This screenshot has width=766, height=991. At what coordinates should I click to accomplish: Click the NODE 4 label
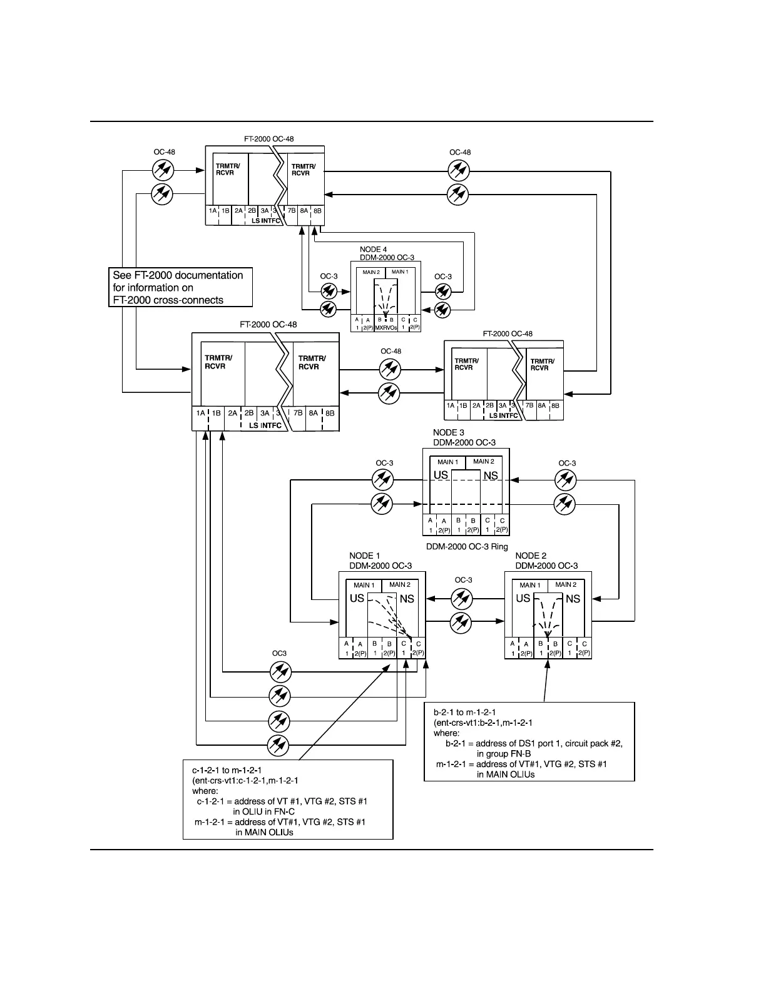373,250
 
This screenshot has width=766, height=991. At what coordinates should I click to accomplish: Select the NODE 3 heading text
449,432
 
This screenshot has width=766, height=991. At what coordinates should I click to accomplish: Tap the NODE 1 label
364,556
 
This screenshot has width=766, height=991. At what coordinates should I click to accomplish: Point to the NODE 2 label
531,556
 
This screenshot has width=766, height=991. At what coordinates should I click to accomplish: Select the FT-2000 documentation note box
180,288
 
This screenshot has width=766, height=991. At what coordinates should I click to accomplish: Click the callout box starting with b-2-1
529,741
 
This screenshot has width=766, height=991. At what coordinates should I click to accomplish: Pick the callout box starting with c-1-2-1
289,799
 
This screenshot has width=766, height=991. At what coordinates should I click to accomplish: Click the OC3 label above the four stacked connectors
279,653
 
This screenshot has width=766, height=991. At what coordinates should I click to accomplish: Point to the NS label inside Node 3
491,475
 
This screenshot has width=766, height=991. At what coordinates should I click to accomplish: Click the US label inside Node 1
357,598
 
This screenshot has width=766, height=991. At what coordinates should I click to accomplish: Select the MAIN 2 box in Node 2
566,585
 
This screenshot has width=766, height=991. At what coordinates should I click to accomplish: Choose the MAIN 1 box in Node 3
447,462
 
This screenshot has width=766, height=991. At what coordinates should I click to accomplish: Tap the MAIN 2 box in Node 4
371,272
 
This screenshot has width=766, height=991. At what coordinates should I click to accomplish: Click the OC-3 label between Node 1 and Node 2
463,580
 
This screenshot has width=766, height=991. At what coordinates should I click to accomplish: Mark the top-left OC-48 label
164,152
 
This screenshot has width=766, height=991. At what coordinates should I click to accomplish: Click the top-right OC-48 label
460,152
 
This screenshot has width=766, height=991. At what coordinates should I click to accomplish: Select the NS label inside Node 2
573,599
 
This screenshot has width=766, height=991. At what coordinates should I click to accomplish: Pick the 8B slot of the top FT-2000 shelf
317,211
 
